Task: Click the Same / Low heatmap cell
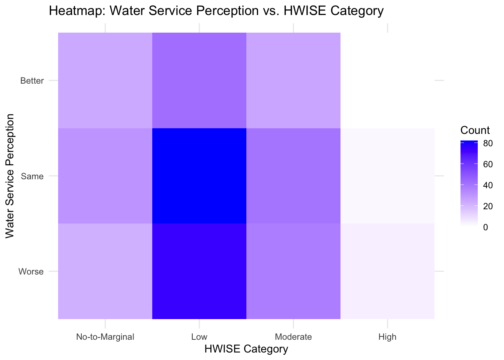[199, 175]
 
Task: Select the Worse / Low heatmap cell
[199, 271]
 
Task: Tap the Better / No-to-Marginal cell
[105, 80]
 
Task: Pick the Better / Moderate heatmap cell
[293, 80]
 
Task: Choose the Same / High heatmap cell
[387, 175]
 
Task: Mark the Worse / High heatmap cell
[387, 271]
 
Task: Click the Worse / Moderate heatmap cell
[293, 271]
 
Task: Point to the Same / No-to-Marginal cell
[105, 175]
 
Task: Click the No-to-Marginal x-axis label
[105, 337]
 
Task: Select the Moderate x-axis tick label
[293, 337]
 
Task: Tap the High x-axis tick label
[387, 337]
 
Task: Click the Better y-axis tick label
[32, 81]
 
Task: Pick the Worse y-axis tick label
[31, 271]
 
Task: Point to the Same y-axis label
[33, 176]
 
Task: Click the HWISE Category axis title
[246, 349]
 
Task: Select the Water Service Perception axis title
[10, 176]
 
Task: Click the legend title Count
[475, 130]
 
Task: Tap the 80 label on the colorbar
[488, 143]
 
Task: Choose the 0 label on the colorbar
[486, 227]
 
